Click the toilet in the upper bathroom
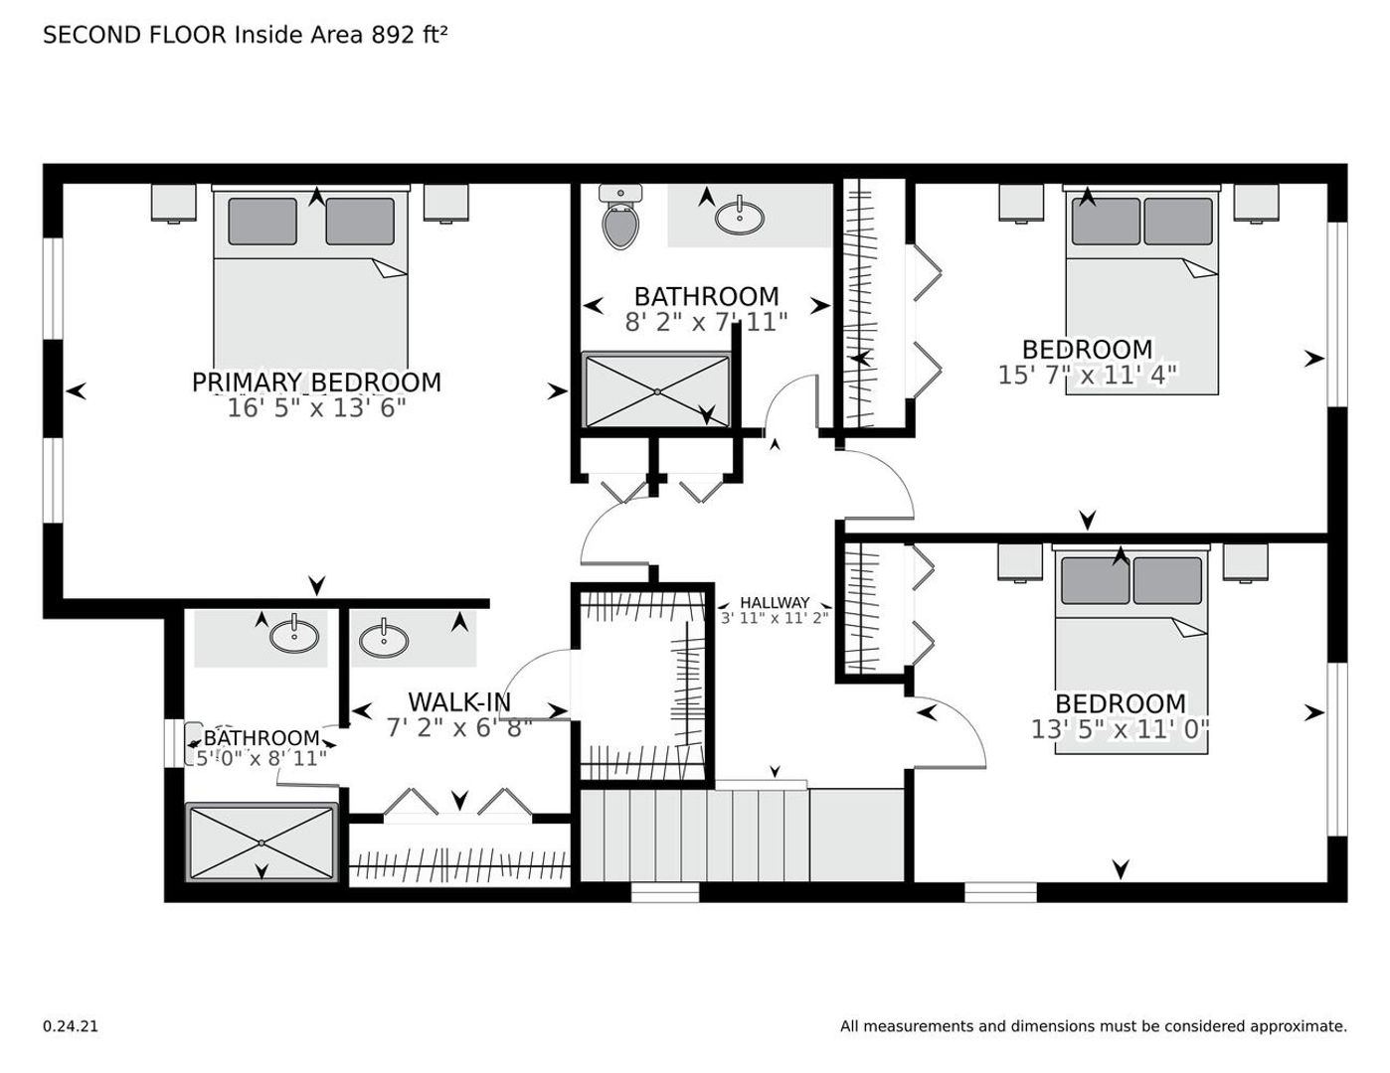pos(620,218)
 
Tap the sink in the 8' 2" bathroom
pos(740,218)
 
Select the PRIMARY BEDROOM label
pos(316,383)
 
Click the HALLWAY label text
pos(775,603)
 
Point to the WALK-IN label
pos(459,702)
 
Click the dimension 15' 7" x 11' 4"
pos(1088,376)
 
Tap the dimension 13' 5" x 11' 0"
pos(1121,729)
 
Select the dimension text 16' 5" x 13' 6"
pos(316,407)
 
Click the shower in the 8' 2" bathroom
pos(657,390)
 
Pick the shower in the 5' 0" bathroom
pos(261,843)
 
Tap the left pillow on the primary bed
pos(262,222)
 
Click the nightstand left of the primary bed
pos(173,204)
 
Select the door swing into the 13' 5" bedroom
pos(950,732)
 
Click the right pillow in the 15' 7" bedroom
pos(1178,222)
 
